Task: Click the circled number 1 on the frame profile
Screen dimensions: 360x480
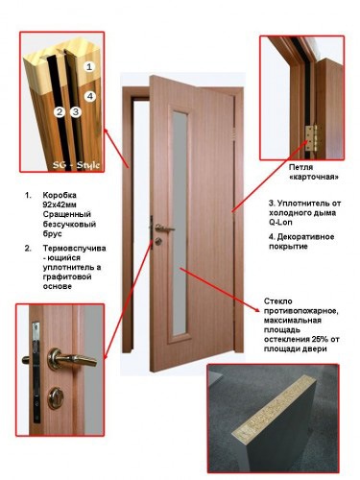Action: (89, 66)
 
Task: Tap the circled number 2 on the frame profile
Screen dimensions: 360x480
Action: (60, 112)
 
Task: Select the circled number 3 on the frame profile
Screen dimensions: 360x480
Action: (76, 111)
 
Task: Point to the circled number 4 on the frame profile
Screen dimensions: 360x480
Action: (90, 96)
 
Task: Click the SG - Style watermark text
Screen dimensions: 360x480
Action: (76, 165)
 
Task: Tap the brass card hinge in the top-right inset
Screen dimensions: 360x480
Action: (310, 138)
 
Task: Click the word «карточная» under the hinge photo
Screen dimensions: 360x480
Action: (312, 177)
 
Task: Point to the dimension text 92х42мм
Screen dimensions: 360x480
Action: (60, 204)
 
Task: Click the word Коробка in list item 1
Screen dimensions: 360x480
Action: (60, 195)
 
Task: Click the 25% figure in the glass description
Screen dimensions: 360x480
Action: (318, 339)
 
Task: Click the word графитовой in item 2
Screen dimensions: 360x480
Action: (67, 276)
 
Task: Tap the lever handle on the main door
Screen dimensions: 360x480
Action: (164, 228)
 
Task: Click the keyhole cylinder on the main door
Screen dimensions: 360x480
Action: (158, 241)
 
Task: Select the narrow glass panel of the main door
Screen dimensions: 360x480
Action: (180, 222)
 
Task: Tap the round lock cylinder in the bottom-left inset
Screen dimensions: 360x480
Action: (56, 398)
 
